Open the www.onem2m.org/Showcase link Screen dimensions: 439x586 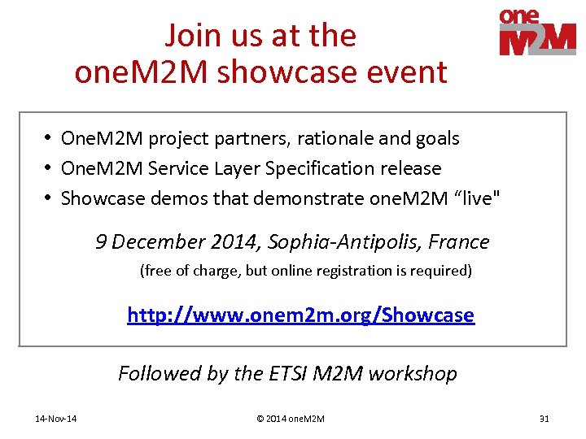click(300, 315)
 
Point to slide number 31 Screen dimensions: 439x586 click(544, 419)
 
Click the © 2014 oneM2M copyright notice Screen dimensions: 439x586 click(291, 419)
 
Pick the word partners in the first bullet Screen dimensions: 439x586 click(249, 139)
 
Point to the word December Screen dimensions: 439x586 click(153, 241)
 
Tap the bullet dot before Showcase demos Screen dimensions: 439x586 click(50, 198)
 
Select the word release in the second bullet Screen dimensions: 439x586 click(411, 168)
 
